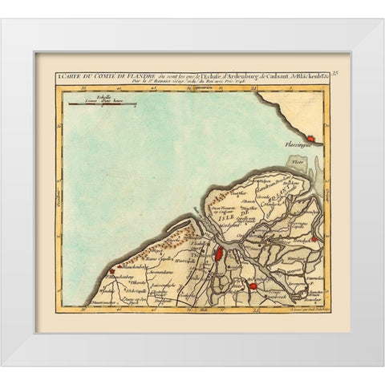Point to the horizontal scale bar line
tap(95, 102)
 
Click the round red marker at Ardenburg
tap(253, 286)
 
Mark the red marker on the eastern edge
tap(315, 238)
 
